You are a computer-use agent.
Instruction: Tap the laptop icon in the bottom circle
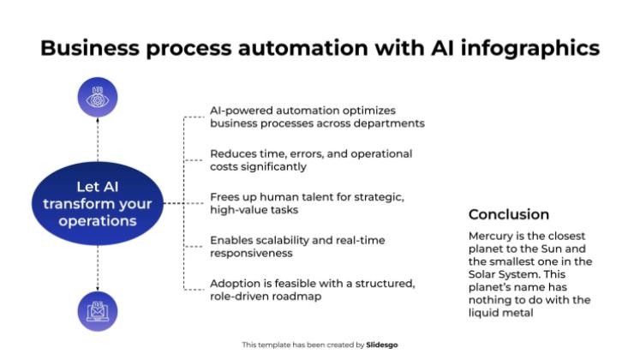coord(97,311)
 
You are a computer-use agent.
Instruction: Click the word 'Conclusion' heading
coord(508,214)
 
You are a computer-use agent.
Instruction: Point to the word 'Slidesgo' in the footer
coord(382,345)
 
